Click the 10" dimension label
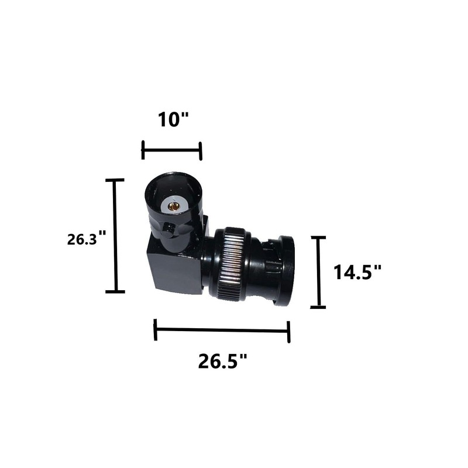tap(174, 119)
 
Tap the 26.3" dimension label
tap(87, 239)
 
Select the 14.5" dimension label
tap(357, 272)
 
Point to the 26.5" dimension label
tap(223, 362)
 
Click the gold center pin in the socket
tap(174, 205)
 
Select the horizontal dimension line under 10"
tap(172, 151)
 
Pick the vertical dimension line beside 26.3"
tap(115, 236)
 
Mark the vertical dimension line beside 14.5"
tap(318, 272)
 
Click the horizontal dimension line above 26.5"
tap(222, 331)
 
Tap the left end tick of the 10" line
tap(143, 150)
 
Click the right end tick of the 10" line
tap(201, 151)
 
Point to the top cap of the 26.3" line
tap(115, 180)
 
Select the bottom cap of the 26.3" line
tap(115, 291)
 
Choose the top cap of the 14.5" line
tap(318, 238)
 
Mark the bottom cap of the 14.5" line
tap(318, 307)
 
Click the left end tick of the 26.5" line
tap(155, 329)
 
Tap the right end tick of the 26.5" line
tap(289, 332)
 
